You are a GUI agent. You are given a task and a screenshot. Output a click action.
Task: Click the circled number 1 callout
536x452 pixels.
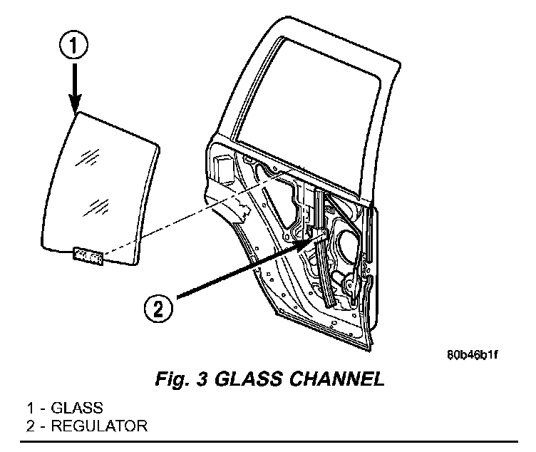click(x=74, y=46)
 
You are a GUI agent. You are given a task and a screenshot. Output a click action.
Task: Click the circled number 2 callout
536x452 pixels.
click(x=158, y=308)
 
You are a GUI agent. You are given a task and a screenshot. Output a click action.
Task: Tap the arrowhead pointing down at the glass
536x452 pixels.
click(x=75, y=103)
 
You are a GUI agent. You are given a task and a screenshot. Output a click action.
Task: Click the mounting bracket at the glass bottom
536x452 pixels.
click(x=88, y=255)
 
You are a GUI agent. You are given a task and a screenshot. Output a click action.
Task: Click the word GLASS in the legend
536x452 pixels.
click(x=77, y=409)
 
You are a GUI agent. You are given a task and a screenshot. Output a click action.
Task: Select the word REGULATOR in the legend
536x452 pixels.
click(x=99, y=426)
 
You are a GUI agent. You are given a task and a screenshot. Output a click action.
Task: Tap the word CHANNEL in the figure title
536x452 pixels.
click(x=336, y=379)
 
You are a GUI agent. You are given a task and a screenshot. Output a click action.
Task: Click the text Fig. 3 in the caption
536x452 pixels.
click(x=182, y=379)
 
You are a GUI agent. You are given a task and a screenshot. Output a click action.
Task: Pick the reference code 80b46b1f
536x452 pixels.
click(x=472, y=355)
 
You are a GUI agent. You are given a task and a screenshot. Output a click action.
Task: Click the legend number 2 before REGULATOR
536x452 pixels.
click(x=31, y=426)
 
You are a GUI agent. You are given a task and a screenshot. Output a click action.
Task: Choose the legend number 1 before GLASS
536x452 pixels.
click(x=31, y=409)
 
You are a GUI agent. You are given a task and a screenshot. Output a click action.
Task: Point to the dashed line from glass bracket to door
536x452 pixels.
click(x=198, y=212)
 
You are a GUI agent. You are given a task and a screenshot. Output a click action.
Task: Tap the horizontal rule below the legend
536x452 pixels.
click(x=269, y=442)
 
